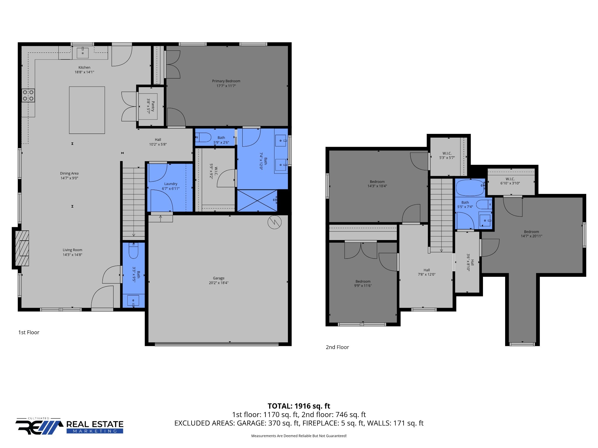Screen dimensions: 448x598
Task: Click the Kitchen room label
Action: tap(84, 67)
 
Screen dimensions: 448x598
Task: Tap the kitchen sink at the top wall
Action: tap(83, 52)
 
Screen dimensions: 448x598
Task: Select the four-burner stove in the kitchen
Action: tap(28, 95)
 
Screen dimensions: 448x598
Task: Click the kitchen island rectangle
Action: tap(87, 110)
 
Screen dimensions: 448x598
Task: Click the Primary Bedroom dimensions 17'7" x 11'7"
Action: tap(226, 86)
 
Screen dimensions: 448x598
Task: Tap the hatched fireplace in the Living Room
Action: tap(22, 248)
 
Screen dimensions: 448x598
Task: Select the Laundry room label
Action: tap(171, 184)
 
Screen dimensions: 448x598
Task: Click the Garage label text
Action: tap(218, 278)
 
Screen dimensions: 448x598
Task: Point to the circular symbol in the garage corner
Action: tap(274, 222)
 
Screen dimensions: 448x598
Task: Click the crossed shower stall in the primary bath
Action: tap(257, 201)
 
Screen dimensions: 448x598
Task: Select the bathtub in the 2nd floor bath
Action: tap(470, 188)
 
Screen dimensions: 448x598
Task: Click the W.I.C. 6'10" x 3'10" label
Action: tap(510, 181)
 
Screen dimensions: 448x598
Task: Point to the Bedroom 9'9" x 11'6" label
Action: tap(363, 283)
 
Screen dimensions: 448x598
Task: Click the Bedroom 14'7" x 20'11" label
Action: tap(531, 234)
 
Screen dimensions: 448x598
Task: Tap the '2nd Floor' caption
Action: tap(337, 347)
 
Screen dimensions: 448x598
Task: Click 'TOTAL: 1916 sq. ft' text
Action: tap(299, 406)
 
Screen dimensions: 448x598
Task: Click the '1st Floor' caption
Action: tap(29, 332)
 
